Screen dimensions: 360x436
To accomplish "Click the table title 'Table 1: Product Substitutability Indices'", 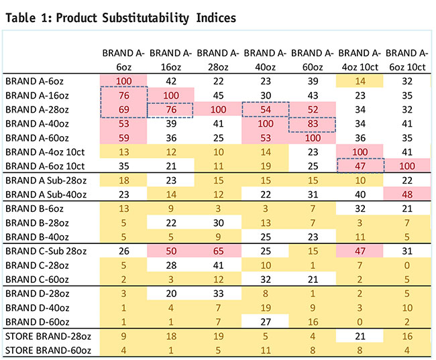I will [120, 17].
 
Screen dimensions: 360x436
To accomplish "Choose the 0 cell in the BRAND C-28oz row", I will [411, 265].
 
